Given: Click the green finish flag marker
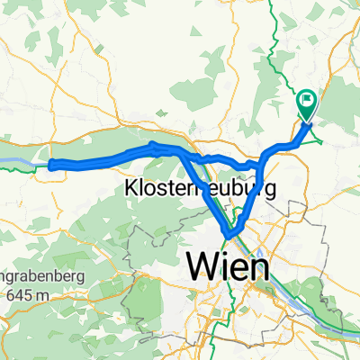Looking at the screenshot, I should [307, 103].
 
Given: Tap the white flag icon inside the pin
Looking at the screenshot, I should [308, 101].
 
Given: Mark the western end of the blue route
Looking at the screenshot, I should [52, 164].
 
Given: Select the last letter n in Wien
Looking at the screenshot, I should [257, 266].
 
